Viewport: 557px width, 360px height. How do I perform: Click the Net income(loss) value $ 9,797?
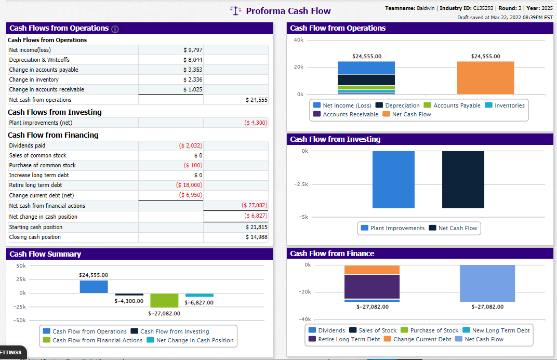(193, 50)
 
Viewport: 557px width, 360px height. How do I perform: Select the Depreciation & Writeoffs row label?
(39, 60)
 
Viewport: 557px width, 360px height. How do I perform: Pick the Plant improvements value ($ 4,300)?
(256, 123)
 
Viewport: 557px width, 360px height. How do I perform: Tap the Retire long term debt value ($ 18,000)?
(189, 185)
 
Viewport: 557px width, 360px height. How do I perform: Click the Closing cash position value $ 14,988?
(257, 237)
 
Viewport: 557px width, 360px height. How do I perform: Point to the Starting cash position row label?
(36, 227)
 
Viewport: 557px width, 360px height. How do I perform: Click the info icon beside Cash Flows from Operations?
(115, 29)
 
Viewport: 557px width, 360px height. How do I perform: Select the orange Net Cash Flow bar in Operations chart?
(486, 78)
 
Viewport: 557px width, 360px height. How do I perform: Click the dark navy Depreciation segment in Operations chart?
(366, 80)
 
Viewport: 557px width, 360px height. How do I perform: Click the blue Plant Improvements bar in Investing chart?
(394, 179)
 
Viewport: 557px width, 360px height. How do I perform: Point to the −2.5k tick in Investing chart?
(301, 184)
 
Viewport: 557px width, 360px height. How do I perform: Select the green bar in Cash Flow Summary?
(164, 300)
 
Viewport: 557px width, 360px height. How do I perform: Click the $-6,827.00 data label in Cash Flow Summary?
(199, 302)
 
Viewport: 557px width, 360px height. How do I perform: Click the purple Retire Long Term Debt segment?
(372, 287)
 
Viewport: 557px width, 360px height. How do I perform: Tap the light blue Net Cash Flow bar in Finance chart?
(487, 283)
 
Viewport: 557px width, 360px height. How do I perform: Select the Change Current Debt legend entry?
(418, 339)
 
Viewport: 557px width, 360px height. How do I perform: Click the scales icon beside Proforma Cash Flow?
(235, 11)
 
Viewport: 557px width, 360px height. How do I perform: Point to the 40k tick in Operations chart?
(299, 40)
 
